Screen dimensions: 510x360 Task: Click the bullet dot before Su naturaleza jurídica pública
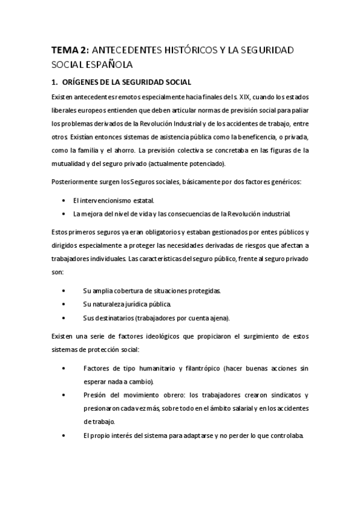pos(64,303)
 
